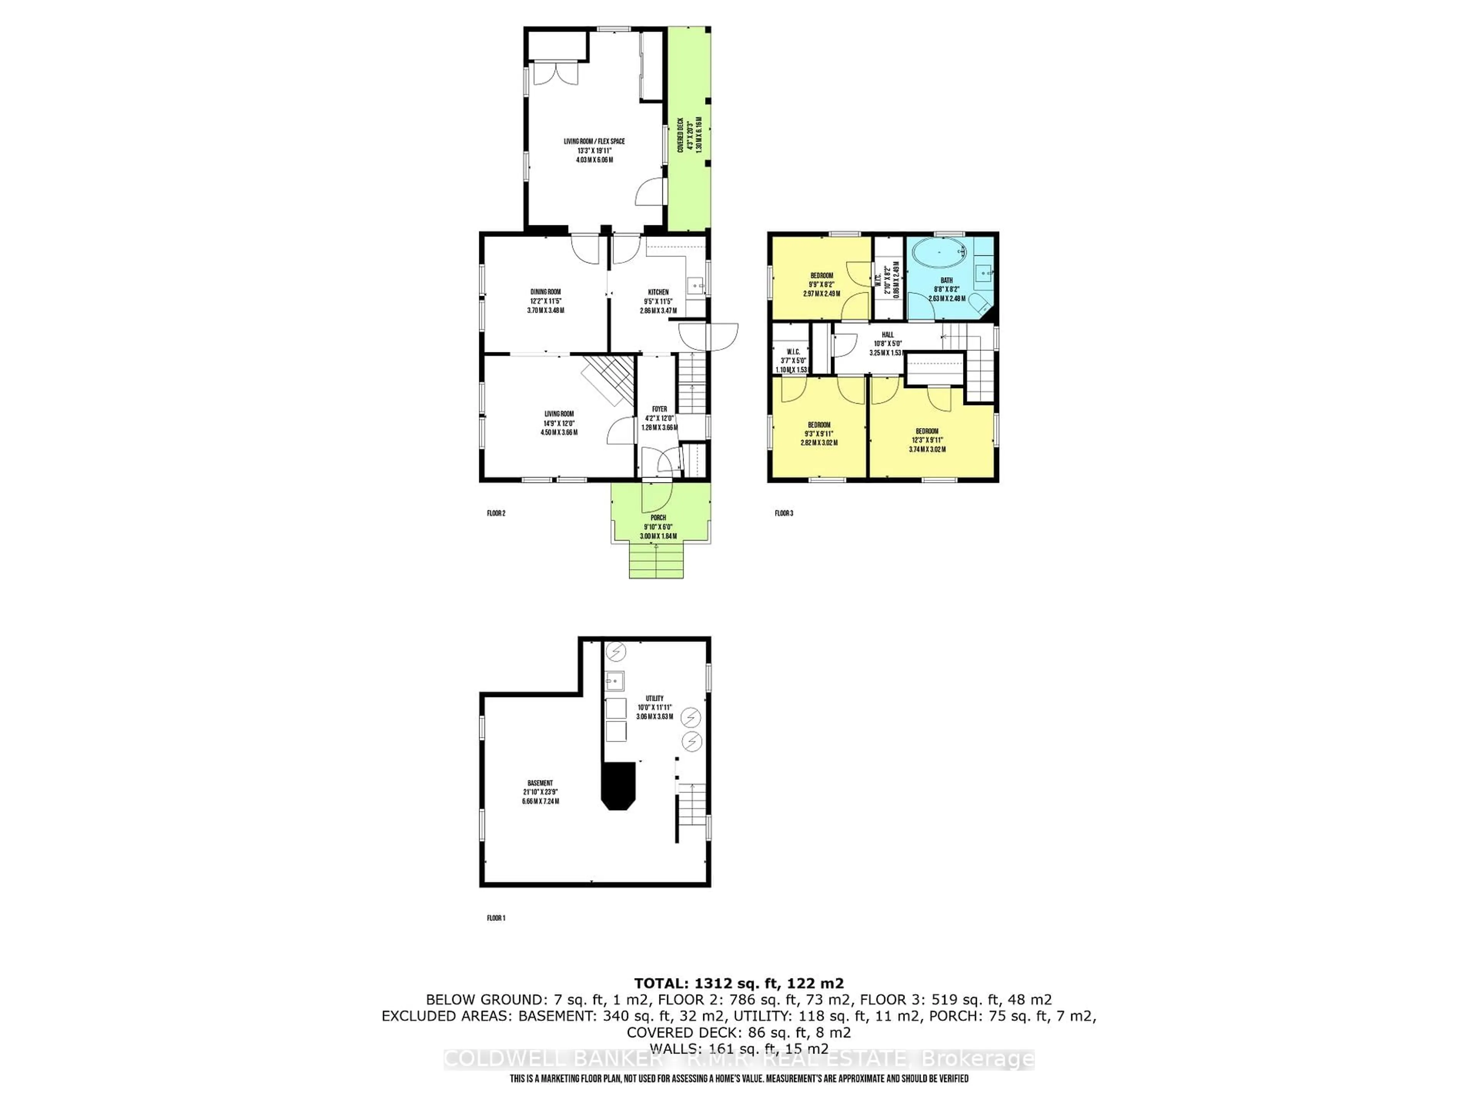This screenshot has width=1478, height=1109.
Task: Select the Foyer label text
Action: click(x=659, y=409)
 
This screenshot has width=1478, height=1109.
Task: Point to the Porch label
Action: click(x=658, y=518)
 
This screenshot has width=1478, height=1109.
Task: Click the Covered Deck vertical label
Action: click(x=680, y=136)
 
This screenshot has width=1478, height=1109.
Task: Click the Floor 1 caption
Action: click(x=496, y=918)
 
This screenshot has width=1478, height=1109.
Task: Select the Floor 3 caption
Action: click(x=784, y=513)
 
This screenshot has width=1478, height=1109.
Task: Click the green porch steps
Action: click(x=656, y=560)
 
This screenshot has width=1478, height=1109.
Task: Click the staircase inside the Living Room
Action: click(x=609, y=380)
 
